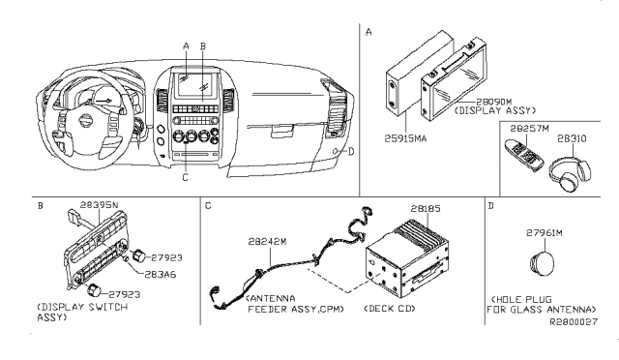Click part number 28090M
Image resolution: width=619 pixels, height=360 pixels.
click(x=493, y=102)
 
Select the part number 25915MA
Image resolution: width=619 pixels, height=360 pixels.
click(x=405, y=138)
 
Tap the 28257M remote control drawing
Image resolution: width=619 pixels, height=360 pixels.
click(x=523, y=154)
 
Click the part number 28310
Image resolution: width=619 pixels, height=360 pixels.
click(x=572, y=138)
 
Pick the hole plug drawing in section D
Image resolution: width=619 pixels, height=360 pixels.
click(x=542, y=263)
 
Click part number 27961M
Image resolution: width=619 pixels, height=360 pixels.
click(x=544, y=233)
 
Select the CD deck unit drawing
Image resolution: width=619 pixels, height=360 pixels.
click(x=406, y=261)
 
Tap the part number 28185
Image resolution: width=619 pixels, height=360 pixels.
click(x=426, y=208)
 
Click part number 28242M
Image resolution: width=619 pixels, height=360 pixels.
click(x=267, y=241)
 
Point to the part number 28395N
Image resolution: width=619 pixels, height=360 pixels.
click(x=99, y=205)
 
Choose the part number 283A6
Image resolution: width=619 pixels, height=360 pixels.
click(x=161, y=274)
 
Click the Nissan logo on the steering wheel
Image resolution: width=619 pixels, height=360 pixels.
click(x=85, y=121)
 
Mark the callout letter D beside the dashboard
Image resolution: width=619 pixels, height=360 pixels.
click(x=351, y=151)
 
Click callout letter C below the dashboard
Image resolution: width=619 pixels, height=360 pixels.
click(x=185, y=178)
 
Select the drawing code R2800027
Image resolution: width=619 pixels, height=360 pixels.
click(x=574, y=321)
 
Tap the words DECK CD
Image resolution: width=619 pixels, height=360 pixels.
click(x=390, y=308)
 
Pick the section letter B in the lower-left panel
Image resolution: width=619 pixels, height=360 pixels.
click(x=40, y=206)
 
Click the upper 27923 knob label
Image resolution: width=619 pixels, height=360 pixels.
click(x=166, y=257)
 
